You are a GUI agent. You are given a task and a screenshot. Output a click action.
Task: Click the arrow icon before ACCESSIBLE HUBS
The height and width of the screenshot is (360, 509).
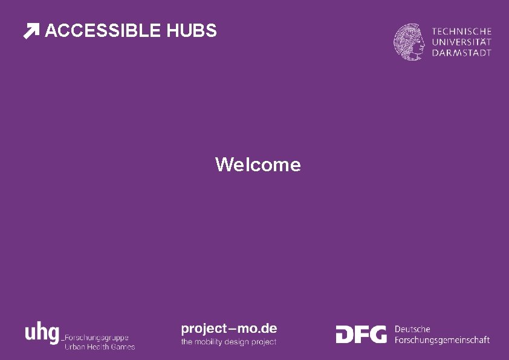pos(31,31)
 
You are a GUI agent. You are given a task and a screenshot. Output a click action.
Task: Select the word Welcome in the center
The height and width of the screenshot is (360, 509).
pos(258,165)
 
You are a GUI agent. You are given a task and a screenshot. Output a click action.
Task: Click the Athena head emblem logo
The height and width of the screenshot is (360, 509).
pos(410,42)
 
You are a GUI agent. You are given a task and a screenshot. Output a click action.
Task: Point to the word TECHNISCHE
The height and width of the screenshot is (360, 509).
pos(462,31)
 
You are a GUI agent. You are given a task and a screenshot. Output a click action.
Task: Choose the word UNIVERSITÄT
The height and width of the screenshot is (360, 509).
pos(462,42)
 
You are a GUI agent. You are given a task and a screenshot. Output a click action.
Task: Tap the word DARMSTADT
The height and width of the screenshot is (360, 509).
pos(462,53)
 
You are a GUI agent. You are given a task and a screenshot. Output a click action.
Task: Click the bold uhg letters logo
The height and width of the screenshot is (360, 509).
pos(42,332)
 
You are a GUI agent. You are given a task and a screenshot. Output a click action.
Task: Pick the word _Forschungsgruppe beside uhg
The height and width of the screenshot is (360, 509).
pos(96,338)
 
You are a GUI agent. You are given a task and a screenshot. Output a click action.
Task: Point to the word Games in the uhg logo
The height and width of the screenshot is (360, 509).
pos(123,347)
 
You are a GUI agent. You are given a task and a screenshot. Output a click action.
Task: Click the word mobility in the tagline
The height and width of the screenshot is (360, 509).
pos(210,342)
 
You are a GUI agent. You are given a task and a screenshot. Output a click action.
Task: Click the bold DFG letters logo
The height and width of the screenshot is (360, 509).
pos(361,334)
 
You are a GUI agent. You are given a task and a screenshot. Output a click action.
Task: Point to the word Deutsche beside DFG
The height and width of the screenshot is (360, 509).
pos(412,329)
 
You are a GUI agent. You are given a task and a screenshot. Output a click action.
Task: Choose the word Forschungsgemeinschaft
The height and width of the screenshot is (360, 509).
pos(442,340)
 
